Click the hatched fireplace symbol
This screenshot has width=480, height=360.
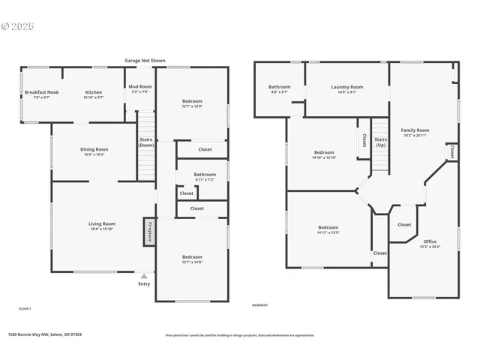tap(149, 231)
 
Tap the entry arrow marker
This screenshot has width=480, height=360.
tap(144, 276)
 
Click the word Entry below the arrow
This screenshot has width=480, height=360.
tap(144, 284)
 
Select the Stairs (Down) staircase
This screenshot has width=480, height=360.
tap(146, 146)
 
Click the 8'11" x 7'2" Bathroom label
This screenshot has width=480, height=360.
tap(205, 176)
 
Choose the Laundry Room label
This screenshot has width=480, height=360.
tap(346, 89)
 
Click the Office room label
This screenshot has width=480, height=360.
tap(430, 244)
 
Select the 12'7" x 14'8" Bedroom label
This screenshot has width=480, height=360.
tap(192, 259)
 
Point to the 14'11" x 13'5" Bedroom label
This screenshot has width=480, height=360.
tap(328, 229)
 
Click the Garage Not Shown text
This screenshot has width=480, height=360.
tap(145, 60)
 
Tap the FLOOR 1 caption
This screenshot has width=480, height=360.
tap(25, 308)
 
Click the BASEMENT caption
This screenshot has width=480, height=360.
tap(260, 305)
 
